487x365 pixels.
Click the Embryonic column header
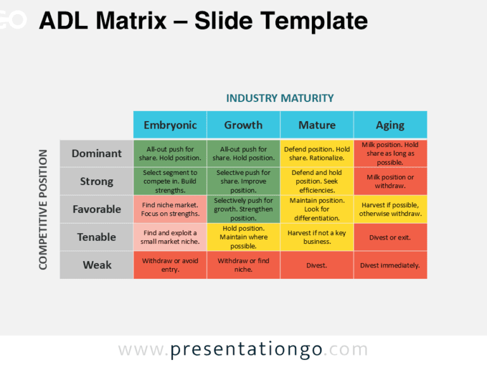point(170,125)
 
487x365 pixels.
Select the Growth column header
point(243,125)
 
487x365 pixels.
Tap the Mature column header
point(317,125)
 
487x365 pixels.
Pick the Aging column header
point(391,125)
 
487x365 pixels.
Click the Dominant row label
point(96,153)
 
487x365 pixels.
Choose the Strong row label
point(96,181)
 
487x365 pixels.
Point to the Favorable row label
point(96,209)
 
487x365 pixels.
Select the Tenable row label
point(96,237)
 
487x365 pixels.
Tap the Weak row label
point(96,265)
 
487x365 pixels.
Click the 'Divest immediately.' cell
point(391,266)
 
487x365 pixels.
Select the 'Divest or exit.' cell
point(391,238)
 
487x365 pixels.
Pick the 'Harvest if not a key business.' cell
point(317,237)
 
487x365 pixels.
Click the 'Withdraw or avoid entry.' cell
point(170,265)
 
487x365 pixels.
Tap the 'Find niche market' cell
point(170,209)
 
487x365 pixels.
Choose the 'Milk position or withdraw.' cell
point(391,181)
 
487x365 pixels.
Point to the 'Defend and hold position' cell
point(317,181)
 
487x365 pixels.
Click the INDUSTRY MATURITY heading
point(280,98)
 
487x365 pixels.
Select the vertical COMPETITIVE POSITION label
point(43,209)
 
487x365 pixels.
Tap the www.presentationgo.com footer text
point(243,350)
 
